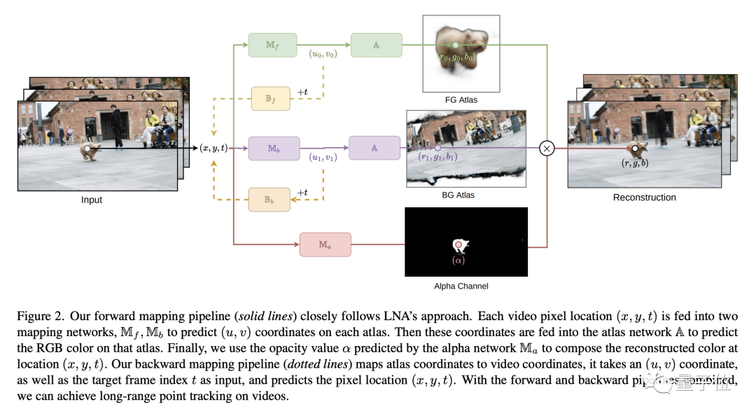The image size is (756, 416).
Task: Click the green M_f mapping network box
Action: [273, 45]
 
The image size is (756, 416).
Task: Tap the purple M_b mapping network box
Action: [274, 148]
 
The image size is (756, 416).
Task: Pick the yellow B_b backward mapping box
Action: [270, 200]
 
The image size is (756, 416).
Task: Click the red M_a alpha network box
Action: [325, 244]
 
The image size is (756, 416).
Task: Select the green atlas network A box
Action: [377, 45]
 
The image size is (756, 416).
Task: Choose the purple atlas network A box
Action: [374, 148]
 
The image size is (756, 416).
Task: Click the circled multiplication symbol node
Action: [547, 148]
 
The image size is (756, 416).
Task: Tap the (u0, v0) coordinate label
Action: [323, 54]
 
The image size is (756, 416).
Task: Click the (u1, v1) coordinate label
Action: [323, 158]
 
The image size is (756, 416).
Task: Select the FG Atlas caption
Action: [460, 100]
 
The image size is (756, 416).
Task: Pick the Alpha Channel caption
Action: [461, 286]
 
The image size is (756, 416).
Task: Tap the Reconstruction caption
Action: [644, 197]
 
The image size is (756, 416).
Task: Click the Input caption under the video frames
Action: [91, 200]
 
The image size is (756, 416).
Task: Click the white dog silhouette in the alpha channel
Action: [461, 245]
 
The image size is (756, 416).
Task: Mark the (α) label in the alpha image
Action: [458, 261]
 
